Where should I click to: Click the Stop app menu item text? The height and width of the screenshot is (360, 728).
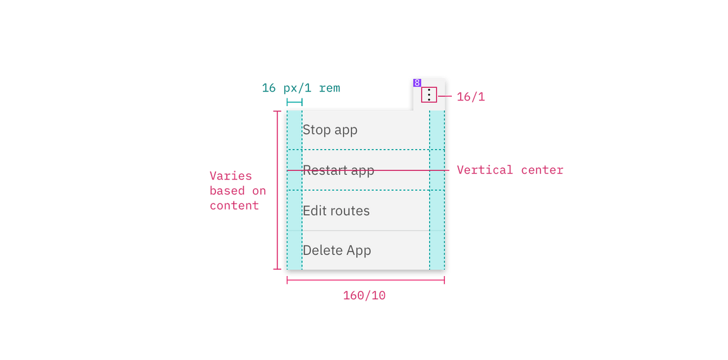(330, 130)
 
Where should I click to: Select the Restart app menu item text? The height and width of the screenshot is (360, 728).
(338, 171)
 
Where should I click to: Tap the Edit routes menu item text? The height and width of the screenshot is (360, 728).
(336, 211)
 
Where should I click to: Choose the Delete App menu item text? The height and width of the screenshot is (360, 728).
(336, 251)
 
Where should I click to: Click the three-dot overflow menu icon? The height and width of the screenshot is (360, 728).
(429, 95)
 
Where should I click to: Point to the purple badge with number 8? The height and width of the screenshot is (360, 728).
(417, 83)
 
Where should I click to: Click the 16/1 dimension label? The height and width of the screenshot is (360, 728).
(470, 97)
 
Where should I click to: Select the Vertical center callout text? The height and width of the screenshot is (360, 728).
(509, 171)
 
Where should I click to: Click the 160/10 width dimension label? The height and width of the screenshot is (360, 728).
(365, 296)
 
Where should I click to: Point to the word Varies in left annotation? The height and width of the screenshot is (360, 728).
(231, 176)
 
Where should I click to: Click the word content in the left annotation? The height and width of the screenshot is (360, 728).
(234, 205)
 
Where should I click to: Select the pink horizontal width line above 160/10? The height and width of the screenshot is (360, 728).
(366, 280)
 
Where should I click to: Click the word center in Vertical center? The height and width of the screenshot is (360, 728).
(542, 171)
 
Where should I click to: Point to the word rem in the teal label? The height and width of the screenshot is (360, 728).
(329, 88)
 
